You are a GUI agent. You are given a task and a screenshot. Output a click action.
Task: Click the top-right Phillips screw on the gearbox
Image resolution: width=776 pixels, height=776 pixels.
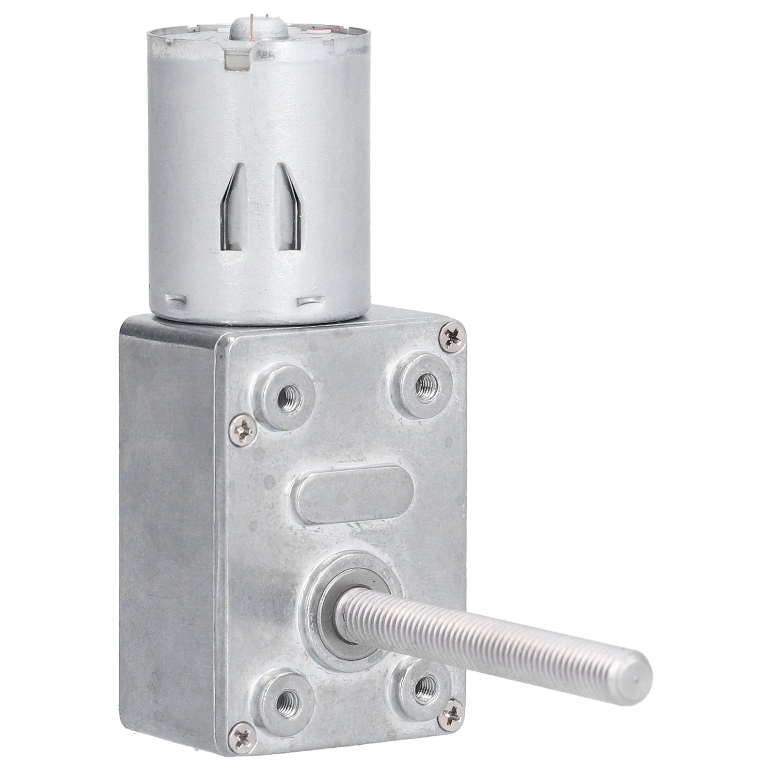tap(453, 337)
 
